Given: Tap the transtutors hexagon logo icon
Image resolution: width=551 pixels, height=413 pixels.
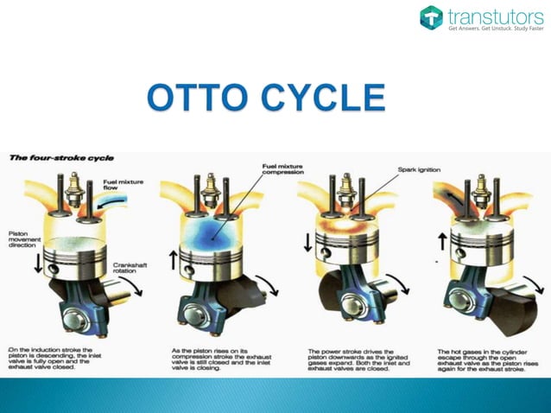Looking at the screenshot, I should tap(431, 17).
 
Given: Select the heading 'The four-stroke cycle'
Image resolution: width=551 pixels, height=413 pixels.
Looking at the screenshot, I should tap(61, 158).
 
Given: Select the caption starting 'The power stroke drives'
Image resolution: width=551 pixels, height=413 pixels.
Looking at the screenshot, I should tap(358, 359).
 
